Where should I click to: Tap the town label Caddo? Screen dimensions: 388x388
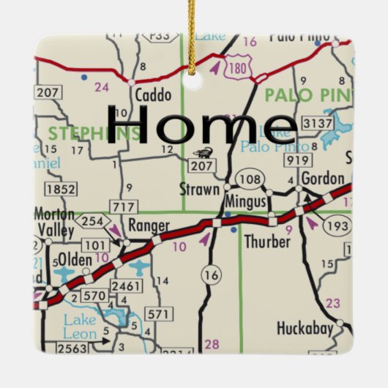point(154,95)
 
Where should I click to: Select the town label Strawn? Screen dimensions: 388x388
point(199,190)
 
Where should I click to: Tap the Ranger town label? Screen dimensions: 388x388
point(149,225)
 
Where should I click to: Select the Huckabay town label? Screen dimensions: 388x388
point(305,327)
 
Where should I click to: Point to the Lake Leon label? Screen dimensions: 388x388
point(79,326)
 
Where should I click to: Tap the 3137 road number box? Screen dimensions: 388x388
point(318,122)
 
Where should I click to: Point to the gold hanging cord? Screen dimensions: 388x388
point(193,29)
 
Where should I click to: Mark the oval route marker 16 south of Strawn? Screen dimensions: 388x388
point(212,275)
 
